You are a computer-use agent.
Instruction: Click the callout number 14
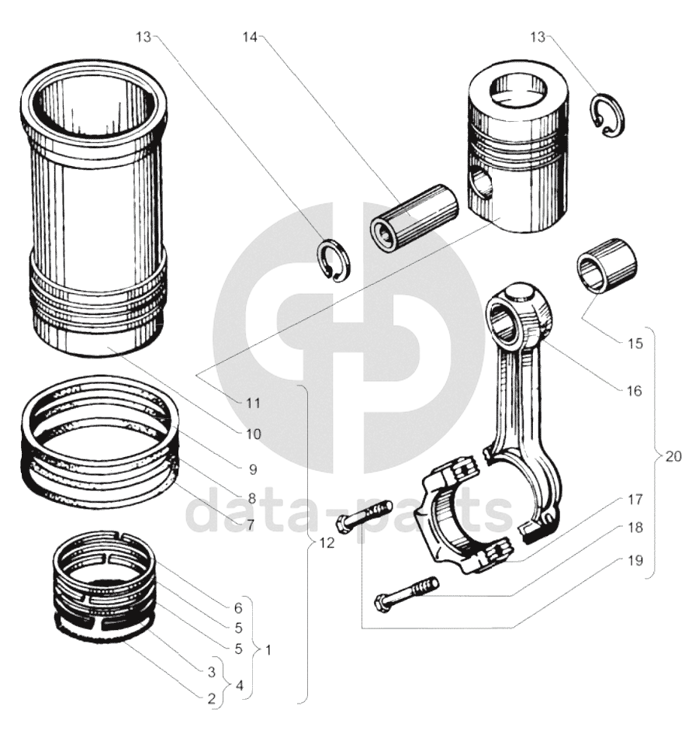(251, 37)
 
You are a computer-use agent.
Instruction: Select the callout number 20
(673, 456)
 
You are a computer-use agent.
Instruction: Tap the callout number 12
(327, 543)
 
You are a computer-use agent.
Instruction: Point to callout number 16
(634, 391)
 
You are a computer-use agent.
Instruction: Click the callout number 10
(253, 434)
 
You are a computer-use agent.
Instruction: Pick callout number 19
(635, 560)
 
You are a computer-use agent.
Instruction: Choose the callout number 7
(250, 524)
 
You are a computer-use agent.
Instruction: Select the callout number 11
(253, 403)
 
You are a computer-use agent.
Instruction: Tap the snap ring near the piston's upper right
(607, 115)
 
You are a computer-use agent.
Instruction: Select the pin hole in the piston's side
(481, 188)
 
